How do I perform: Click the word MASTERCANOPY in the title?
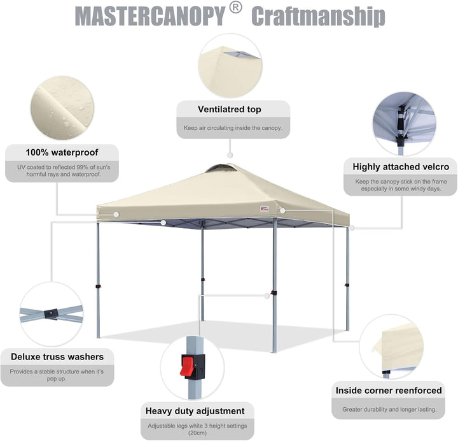[150, 17]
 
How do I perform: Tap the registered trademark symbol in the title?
[235, 8]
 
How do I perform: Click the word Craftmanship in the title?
[318, 17]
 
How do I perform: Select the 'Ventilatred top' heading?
[229, 109]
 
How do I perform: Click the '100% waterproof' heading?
[62, 152]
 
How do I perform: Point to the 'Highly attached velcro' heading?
[401, 167]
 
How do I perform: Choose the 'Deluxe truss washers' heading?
[57, 357]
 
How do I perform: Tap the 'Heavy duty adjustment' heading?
[195, 411]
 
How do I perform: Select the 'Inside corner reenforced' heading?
[389, 391]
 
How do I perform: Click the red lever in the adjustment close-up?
[185, 366]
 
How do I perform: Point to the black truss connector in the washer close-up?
[52, 314]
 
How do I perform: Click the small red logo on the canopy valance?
[265, 208]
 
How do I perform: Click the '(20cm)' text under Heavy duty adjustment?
[197, 433]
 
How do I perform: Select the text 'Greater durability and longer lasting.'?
[389, 409]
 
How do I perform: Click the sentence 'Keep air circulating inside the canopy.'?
[233, 128]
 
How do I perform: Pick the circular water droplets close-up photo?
[62, 108]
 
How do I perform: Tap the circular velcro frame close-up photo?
[405, 124]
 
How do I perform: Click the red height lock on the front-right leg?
[274, 293]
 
